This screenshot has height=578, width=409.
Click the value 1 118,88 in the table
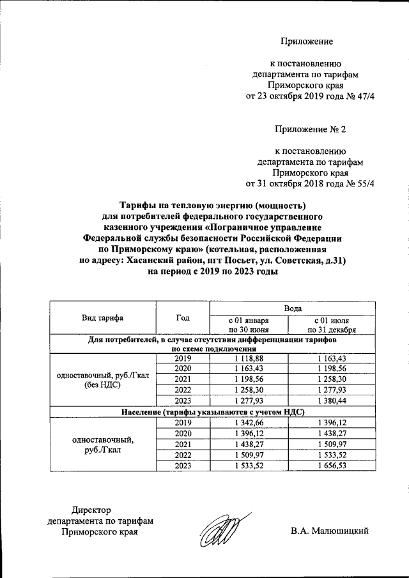[249, 359]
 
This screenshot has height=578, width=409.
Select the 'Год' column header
[183, 317]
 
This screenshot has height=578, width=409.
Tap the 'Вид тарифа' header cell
[102, 317]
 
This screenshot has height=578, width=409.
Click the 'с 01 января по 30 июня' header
[249, 324]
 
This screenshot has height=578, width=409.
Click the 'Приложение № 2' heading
[310, 130]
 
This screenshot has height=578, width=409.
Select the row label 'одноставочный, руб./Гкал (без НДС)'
[102, 381]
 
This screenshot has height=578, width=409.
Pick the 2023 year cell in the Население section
[183, 467]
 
